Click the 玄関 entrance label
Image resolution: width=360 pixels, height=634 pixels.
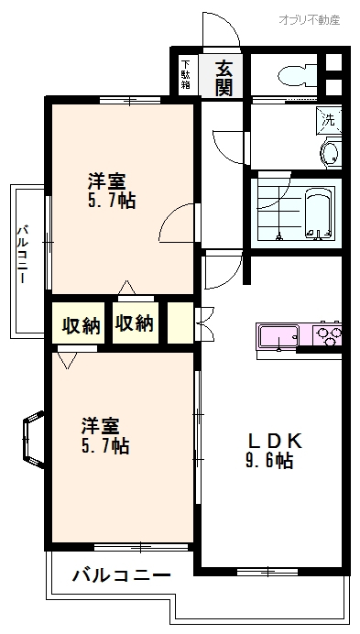pos(224,78)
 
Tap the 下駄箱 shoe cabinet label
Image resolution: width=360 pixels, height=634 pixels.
pos(186,74)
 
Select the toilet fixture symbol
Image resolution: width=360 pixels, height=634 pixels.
pos(298,75)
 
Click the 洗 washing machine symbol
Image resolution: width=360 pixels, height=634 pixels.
pos(329,120)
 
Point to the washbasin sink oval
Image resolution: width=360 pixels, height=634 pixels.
pos(331,152)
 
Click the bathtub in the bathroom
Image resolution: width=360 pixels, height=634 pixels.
pos(319,214)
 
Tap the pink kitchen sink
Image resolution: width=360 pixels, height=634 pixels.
pos(279,335)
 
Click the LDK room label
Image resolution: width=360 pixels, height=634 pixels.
pos(275,441)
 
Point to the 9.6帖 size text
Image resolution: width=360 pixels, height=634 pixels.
pos(269,461)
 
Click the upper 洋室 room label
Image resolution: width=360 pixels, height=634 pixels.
pos(107,181)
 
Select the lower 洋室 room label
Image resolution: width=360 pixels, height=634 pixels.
pos(101,426)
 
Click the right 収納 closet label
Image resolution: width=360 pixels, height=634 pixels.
pos(135,323)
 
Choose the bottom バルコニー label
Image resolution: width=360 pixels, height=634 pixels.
pos(121,575)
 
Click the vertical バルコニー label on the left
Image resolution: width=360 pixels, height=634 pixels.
pos(23,255)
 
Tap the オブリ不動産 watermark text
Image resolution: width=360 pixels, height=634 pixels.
pos(310,19)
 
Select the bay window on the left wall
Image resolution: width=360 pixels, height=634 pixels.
pos(33,439)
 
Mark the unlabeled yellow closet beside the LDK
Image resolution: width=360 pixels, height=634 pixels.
pos(180,323)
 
